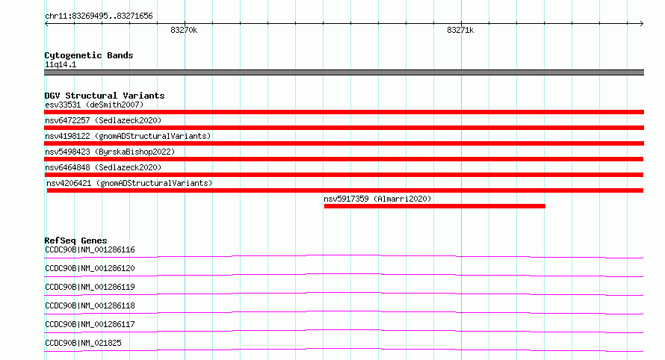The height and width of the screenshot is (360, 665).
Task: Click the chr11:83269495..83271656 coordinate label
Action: coord(99,16)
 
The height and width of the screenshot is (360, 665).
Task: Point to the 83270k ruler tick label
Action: coord(184,30)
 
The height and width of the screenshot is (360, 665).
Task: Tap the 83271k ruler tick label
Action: coord(460,30)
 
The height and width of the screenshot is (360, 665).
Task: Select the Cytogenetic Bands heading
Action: coord(89,55)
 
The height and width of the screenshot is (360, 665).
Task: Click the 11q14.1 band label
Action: coord(61,64)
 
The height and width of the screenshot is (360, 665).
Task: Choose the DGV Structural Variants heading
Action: coord(105,96)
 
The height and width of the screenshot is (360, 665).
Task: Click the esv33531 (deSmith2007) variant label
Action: coord(94,105)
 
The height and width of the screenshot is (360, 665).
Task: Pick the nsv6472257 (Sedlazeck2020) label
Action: coord(103,120)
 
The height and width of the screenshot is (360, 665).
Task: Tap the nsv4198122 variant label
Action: coord(128,136)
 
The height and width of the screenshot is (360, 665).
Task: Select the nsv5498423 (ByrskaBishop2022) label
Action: coord(110,152)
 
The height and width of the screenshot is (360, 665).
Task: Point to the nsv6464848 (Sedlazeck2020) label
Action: coord(103,167)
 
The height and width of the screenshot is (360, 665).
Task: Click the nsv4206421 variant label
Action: coord(129,183)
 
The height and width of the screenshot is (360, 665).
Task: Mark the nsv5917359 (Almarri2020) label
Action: coord(377,199)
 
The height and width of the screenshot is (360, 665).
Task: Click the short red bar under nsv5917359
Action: coord(435,206)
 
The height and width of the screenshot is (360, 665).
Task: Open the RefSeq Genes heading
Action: coord(75,240)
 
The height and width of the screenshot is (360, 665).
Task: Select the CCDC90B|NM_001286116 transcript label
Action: coord(90,249)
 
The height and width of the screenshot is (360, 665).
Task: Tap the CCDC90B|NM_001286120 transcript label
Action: coord(90,268)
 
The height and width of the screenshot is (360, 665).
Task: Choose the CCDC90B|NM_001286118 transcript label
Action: coord(90,305)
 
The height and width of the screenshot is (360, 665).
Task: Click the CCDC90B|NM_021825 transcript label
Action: coord(83,343)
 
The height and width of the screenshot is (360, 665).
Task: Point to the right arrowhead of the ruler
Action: coord(643,24)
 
